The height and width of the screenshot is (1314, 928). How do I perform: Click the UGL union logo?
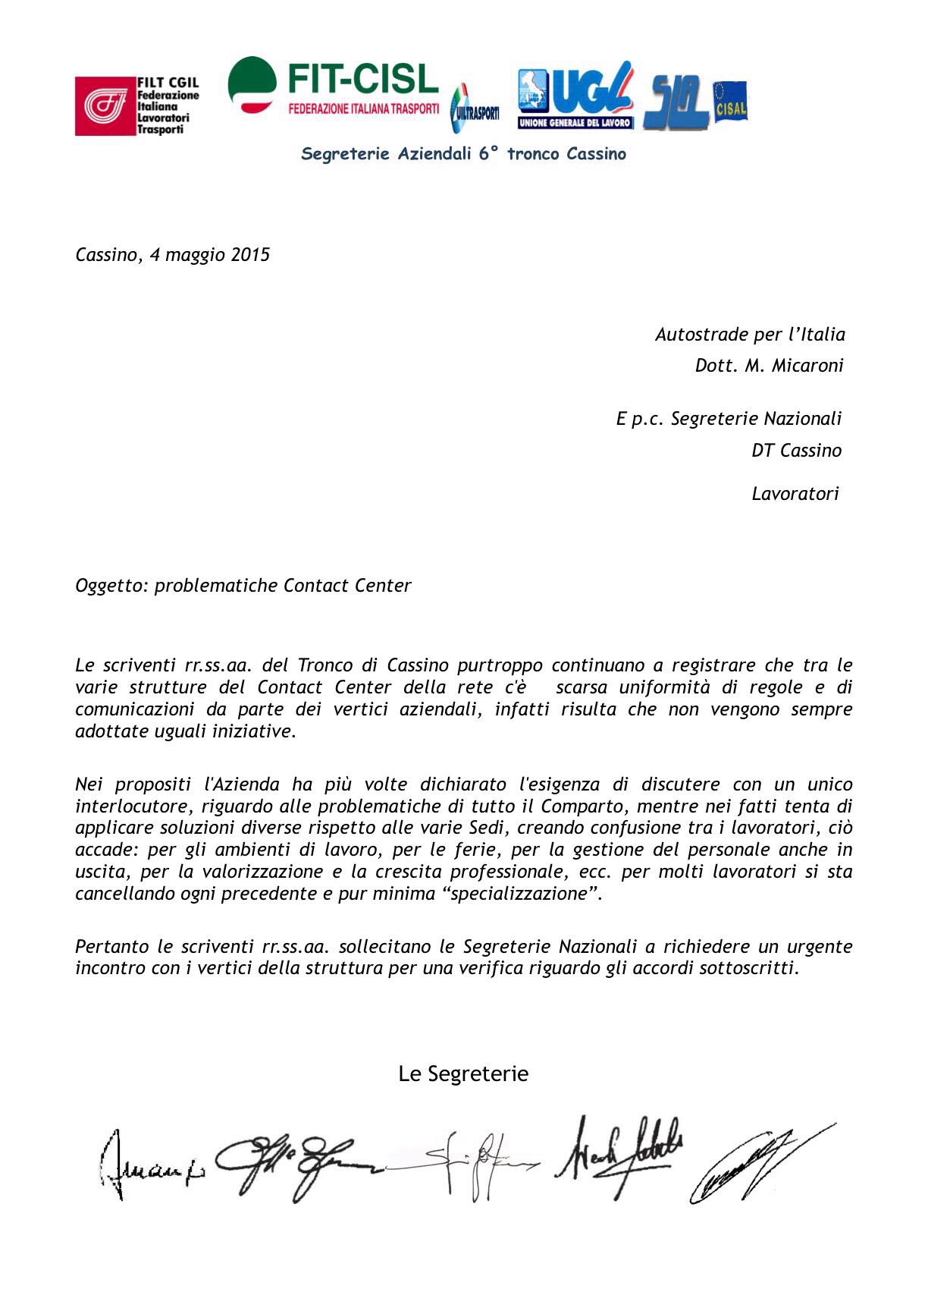(575, 94)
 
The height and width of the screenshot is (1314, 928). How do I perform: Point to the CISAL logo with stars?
(729, 102)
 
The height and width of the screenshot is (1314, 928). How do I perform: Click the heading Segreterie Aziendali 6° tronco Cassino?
(463, 154)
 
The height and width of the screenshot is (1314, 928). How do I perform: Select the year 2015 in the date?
(250, 255)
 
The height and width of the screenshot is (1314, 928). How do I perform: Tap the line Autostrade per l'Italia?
(749, 334)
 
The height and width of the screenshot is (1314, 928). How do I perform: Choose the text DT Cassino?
(796, 451)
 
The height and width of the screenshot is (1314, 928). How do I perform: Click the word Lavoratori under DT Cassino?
(795, 494)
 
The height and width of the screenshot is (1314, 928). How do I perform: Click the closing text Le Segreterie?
(463, 1074)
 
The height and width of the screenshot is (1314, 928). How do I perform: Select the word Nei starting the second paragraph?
(89, 784)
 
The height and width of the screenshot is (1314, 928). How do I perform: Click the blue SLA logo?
(675, 102)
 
